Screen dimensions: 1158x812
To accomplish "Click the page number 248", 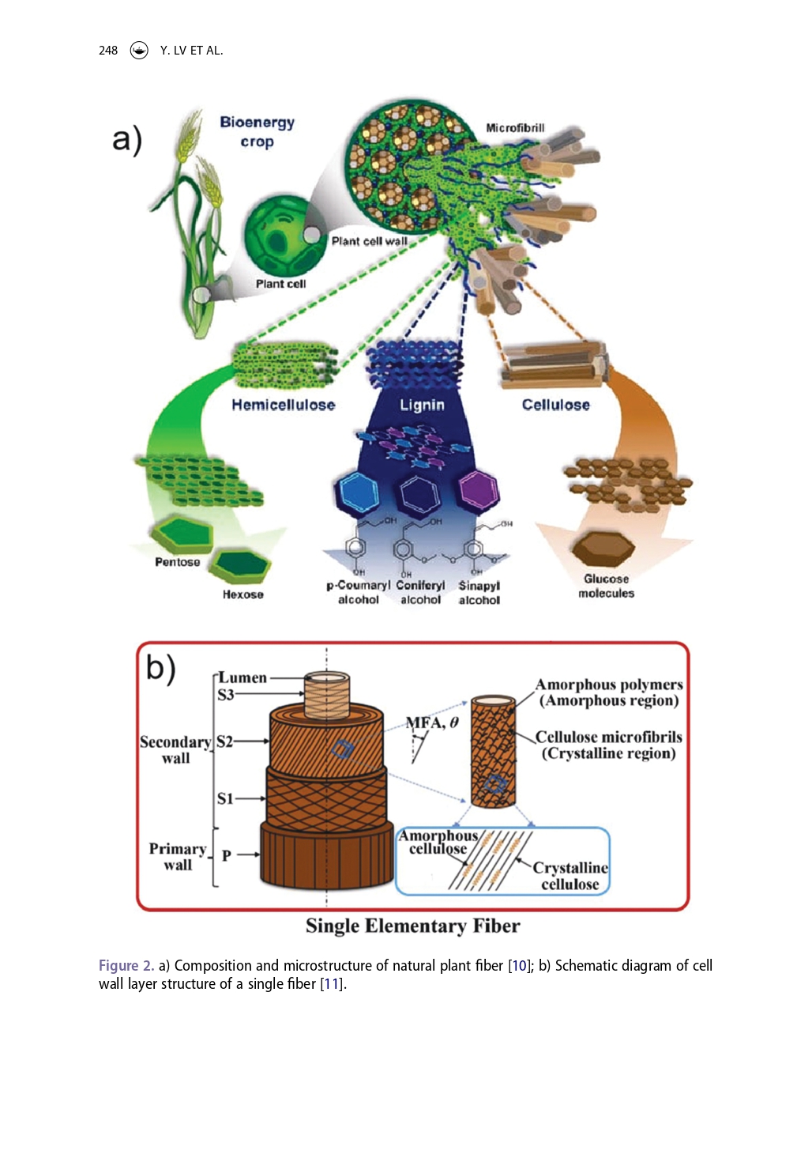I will pyautogui.click(x=108, y=51).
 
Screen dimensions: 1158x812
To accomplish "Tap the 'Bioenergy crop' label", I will pyautogui.click(x=258, y=132).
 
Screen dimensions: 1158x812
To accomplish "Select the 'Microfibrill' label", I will pyautogui.click(x=515, y=128).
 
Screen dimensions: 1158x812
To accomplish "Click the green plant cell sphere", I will pyautogui.click(x=276, y=234).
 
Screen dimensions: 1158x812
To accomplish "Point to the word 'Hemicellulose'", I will pyautogui.click(x=283, y=405).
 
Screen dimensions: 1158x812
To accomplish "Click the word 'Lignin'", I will pyautogui.click(x=422, y=405).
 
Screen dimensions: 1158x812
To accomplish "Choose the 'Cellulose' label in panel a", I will pyautogui.click(x=555, y=405).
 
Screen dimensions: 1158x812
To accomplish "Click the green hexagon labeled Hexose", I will pyautogui.click(x=243, y=565).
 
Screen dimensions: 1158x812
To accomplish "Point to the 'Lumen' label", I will pyautogui.click(x=242, y=677).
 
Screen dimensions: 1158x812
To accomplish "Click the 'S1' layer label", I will pyautogui.click(x=225, y=798).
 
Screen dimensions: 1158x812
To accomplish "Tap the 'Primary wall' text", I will pyautogui.click(x=178, y=857).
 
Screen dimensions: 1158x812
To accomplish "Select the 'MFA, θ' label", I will pyautogui.click(x=432, y=722).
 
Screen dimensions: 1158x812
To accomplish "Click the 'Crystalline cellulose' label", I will pyautogui.click(x=570, y=876).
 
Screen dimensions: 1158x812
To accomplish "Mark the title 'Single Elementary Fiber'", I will pyautogui.click(x=412, y=926).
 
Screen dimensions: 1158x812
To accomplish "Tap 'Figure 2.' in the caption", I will pyautogui.click(x=126, y=965).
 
